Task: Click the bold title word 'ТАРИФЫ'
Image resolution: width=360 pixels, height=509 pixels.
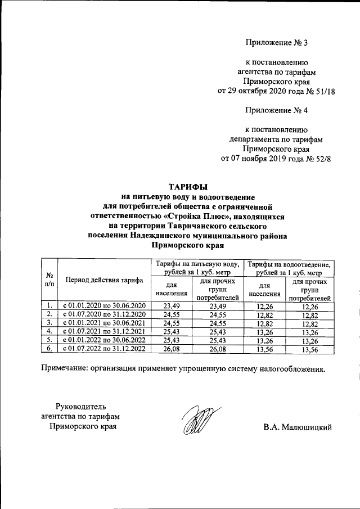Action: pos(188,187)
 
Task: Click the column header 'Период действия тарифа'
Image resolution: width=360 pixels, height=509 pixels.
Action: pos(103,280)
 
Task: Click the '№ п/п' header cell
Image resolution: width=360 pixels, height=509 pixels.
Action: pos(49,280)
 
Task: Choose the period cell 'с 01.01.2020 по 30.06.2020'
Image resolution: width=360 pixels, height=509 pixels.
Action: pos(103,305)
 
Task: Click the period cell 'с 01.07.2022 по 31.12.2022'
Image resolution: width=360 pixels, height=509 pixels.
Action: pos(103,349)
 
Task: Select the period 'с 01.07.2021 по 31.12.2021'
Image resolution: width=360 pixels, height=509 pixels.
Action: pos(103,331)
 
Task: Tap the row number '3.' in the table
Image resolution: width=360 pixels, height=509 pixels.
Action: pos(49,323)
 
